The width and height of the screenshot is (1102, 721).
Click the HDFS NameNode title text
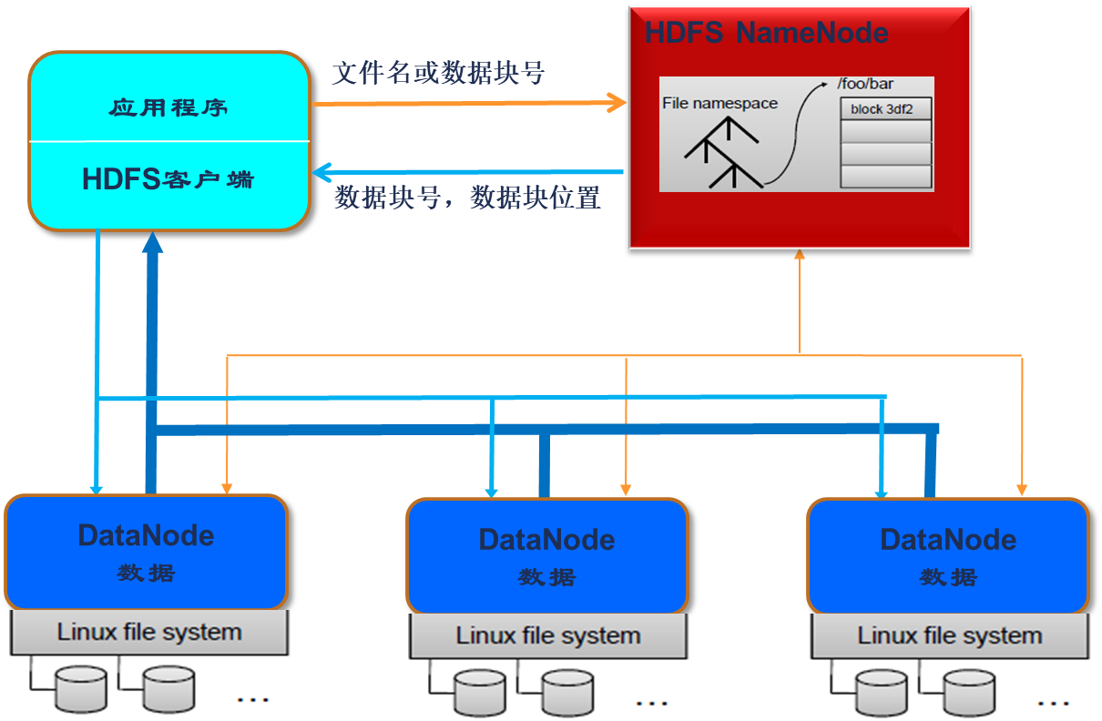click(x=766, y=33)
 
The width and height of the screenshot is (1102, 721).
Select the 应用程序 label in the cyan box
click(x=168, y=108)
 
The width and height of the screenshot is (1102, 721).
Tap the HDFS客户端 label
click(x=168, y=179)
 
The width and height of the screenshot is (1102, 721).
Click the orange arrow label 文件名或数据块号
click(x=438, y=73)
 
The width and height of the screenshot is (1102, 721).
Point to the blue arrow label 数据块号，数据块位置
click(x=467, y=198)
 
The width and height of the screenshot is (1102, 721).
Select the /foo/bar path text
click(x=865, y=85)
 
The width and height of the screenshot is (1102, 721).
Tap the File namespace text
click(x=719, y=103)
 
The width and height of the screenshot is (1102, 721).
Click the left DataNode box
click(x=146, y=552)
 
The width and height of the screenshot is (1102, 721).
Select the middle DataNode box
click(x=546, y=555)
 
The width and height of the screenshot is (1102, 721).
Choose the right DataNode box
click(x=947, y=555)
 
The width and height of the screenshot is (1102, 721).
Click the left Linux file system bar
click(x=149, y=632)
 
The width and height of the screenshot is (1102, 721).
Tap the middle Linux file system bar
click(x=548, y=635)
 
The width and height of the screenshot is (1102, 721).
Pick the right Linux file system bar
click(x=949, y=635)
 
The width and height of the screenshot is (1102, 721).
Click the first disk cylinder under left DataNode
click(x=81, y=688)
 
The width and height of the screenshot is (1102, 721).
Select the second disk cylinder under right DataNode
click(x=969, y=693)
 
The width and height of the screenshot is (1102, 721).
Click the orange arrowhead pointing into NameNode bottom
click(x=800, y=256)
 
